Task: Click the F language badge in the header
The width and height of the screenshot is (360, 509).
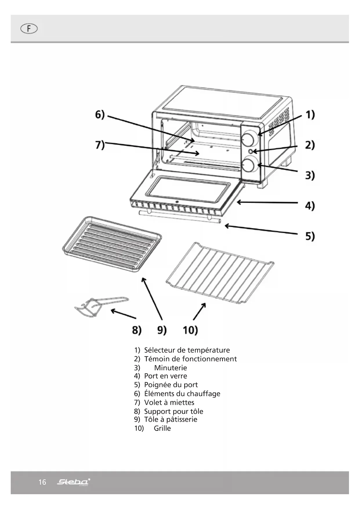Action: click(x=29, y=29)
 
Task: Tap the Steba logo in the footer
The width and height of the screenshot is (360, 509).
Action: click(x=73, y=482)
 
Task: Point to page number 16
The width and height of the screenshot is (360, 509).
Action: click(x=42, y=482)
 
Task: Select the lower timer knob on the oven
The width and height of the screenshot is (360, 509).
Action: click(x=249, y=165)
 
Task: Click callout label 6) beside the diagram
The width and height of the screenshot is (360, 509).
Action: click(x=100, y=115)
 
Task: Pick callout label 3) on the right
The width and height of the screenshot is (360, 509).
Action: click(x=310, y=175)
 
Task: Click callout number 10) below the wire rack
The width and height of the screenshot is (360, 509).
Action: click(x=190, y=330)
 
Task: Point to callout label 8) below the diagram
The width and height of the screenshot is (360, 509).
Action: click(x=137, y=330)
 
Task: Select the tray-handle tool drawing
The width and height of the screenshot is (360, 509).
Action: click(x=99, y=306)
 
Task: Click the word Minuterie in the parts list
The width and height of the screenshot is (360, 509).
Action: click(x=171, y=368)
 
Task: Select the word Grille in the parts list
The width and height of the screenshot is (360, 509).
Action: click(x=162, y=428)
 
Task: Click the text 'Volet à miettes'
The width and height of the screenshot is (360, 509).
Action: click(x=169, y=402)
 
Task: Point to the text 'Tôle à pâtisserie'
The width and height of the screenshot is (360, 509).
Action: click(x=171, y=419)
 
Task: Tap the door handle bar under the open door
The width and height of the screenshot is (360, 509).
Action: click(x=180, y=217)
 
